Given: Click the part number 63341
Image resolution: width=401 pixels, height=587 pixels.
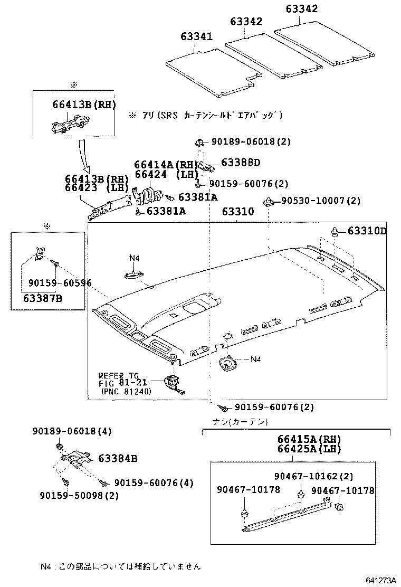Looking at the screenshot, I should [x=196, y=37].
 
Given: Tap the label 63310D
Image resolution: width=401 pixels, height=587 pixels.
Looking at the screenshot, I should [x=367, y=231].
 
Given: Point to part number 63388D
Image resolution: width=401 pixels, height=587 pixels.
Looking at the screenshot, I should [x=241, y=163].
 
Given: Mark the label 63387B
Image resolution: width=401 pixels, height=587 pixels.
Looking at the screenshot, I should [x=43, y=298].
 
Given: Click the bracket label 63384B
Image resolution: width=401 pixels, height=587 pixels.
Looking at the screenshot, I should [x=118, y=459].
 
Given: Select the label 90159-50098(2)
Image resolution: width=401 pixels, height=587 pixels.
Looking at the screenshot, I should [x=79, y=495].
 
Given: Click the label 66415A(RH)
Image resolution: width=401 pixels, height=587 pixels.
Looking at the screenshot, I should [x=309, y=439].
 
